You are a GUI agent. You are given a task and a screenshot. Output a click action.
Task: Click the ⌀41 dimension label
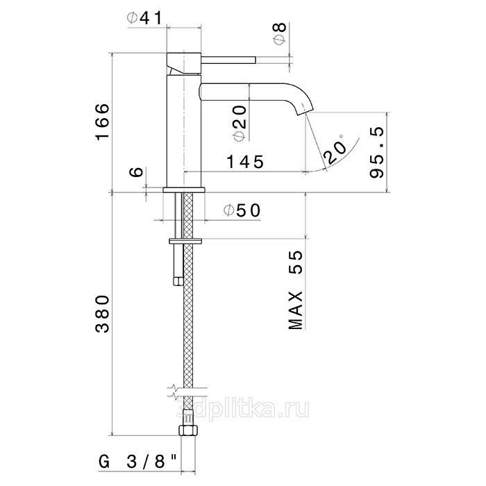pyautogui.click(x=144, y=19)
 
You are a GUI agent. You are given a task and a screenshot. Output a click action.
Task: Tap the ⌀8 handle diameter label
pyautogui.click(x=280, y=34)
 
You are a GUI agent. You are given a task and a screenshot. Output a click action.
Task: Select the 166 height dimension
pyautogui.click(x=103, y=121)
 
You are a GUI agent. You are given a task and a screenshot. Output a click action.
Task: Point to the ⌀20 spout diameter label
pyautogui.click(x=240, y=123)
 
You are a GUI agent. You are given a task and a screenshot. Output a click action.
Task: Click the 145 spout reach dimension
pyautogui.click(x=245, y=162)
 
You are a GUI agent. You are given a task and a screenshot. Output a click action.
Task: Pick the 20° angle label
pyautogui.click(x=335, y=149)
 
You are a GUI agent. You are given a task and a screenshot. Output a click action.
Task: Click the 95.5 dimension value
pyautogui.click(x=377, y=152)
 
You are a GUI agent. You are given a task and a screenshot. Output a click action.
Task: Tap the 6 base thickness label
pyautogui.click(x=137, y=171)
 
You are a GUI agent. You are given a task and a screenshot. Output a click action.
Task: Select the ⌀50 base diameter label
pyautogui.click(x=242, y=211)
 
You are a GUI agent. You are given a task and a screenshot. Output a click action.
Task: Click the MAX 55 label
pyautogui.click(x=295, y=290)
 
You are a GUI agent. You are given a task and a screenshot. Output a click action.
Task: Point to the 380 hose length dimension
pyautogui.click(x=102, y=314)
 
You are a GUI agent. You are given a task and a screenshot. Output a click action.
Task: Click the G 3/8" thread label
pyautogui.click(x=138, y=462)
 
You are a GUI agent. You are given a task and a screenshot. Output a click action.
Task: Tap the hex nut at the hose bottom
pyautogui.click(x=188, y=431)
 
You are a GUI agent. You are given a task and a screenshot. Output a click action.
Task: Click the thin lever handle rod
pyautogui.click(x=228, y=60)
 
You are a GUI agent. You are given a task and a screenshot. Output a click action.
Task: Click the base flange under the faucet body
pyautogui.click(x=184, y=190)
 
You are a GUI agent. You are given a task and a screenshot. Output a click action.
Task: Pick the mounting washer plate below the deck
pyautogui.click(x=185, y=241)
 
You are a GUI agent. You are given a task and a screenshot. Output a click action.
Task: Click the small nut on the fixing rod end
pyautogui.click(x=178, y=281)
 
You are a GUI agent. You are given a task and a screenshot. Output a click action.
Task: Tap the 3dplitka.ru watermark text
pyautogui.click(x=243, y=409)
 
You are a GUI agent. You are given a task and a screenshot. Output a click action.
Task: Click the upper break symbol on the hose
pyautogui.click(x=187, y=387)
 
